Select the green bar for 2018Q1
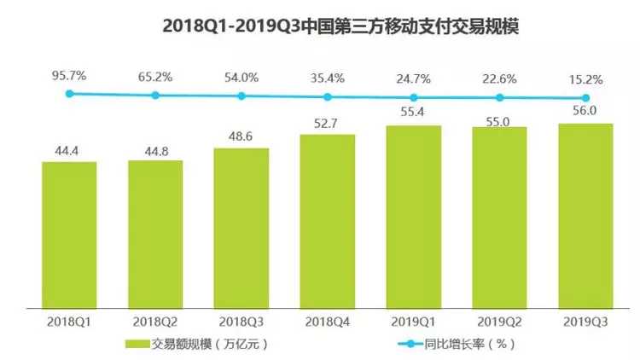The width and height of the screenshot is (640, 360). coord(69,235)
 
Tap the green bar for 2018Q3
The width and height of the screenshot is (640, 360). coord(241,228)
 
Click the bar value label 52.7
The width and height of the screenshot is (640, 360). coord(327,125)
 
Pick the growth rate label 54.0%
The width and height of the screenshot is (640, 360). coord(241,78)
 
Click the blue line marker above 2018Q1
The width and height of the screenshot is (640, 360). coord(69,94)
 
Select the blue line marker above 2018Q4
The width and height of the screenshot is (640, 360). coord(327,96)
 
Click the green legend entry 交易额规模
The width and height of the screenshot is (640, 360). coord(179,344)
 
